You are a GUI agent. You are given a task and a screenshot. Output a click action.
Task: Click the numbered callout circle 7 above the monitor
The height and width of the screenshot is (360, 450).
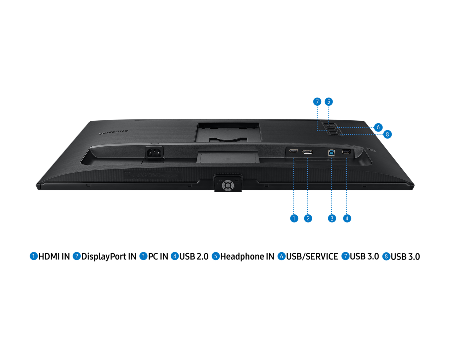coord(317,102)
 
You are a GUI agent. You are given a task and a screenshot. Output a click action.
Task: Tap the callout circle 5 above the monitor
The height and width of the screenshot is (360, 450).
coord(329,102)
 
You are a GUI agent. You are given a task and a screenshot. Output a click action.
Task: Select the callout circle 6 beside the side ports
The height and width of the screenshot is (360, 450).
coord(378,127)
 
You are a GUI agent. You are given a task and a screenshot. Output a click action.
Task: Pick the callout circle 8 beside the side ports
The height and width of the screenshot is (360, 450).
coord(387,134)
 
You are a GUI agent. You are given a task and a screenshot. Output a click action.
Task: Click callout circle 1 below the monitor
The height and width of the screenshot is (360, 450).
coord(294,219)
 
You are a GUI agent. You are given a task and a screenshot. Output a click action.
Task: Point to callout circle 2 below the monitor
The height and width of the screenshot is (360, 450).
coord(308,219)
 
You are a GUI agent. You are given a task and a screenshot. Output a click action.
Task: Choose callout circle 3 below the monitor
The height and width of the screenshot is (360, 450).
coord(332,219)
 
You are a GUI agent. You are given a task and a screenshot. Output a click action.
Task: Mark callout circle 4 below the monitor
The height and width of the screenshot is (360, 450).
coord(347,219)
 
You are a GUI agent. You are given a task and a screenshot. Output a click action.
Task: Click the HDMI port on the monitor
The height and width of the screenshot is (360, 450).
coord(293,151)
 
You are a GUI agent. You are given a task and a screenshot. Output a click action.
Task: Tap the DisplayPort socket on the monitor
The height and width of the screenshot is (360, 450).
coord(307,152)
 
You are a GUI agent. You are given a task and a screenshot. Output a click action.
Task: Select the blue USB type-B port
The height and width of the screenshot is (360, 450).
coord(332,152)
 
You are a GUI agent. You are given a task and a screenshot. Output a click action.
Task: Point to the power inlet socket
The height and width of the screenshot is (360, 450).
coord(155,152)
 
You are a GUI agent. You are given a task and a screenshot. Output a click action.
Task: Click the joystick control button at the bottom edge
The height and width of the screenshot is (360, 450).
coord(228,185)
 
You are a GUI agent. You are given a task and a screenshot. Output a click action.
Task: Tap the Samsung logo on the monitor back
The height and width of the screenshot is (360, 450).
coord(113,132)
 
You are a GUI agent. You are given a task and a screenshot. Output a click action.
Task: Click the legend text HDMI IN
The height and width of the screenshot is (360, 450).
coord(54,256)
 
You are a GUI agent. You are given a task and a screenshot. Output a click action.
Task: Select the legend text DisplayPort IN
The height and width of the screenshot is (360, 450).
coord(109,256)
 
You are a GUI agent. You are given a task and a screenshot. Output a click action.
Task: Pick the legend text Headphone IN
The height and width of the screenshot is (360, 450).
coord(247,256)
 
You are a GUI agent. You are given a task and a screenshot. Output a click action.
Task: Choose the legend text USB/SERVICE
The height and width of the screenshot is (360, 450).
coord(312,256)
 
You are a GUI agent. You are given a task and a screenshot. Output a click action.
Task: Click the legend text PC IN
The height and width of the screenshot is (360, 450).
coord(158,256)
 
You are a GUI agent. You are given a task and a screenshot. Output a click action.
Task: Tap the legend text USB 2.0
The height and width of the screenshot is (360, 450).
coord(194,256)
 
